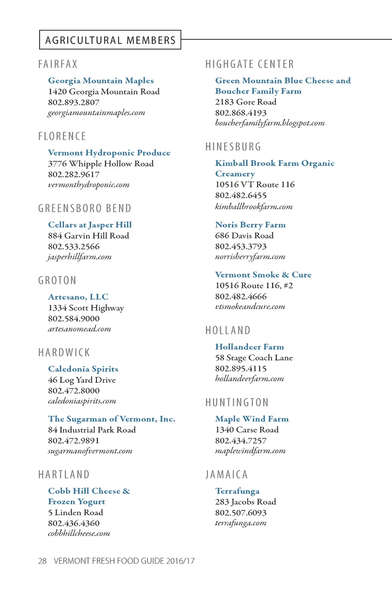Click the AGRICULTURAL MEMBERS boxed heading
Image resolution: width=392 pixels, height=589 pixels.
[110, 40]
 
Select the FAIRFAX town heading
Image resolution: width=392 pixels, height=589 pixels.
[58, 64]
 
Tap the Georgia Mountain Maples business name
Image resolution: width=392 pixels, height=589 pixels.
[101, 81]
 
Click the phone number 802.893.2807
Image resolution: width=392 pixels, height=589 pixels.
[73, 102]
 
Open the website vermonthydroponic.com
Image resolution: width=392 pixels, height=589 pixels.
[88, 185]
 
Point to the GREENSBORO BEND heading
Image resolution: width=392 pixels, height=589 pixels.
[85, 208]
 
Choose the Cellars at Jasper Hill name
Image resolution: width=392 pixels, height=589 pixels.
[90, 225]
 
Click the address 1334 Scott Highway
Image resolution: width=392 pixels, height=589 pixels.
[86, 308]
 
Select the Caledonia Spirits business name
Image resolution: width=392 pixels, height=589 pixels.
[83, 369]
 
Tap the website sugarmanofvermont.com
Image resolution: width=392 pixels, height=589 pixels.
[90, 451]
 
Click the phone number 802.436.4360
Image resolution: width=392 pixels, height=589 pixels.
[73, 523]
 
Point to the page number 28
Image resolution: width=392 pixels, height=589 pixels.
[42, 561]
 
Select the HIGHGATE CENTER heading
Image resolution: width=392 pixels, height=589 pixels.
[250, 64]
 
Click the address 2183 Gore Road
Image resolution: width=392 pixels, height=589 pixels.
[245, 102]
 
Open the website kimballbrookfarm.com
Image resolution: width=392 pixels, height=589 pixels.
[253, 207]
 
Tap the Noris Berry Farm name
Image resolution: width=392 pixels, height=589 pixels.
[250, 225]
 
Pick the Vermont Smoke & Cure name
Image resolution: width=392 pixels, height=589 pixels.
[263, 275]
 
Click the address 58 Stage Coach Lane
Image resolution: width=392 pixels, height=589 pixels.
[253, 358]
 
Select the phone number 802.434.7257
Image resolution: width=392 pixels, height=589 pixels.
[240, 441]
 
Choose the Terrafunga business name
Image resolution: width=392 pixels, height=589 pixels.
[237, 491]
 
